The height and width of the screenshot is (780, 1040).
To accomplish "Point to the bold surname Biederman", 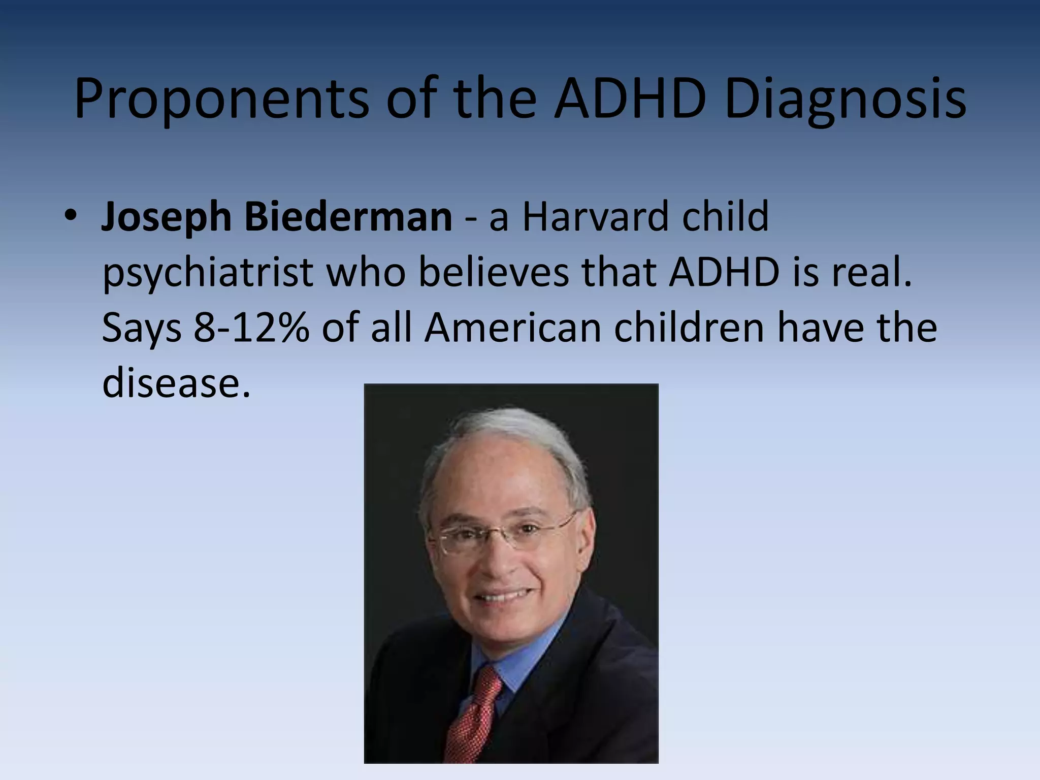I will coord(348,216).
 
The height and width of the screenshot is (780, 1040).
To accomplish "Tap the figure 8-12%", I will coord(251,328).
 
